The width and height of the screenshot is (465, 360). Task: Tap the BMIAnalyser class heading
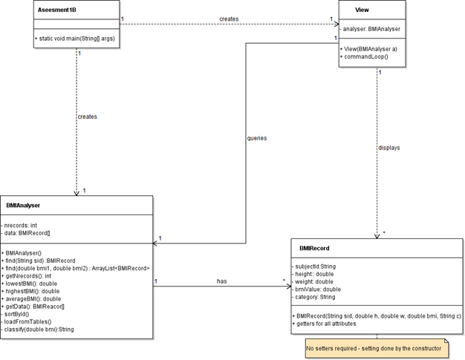click(23, 204)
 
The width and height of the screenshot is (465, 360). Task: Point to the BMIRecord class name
click(314, 248)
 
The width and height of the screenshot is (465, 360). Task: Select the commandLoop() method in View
click(365, 57)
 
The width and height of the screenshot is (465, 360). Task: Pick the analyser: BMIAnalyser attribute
click(371, 29)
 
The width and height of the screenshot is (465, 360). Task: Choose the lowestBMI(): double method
click(33, 283)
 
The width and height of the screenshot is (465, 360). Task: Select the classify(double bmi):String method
click(39, 329)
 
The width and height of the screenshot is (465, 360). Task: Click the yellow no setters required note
click(374, 347)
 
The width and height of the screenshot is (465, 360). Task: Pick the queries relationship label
click(256, 138)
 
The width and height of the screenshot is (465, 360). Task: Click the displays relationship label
click(388, 148)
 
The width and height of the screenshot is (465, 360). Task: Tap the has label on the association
click(221, 281)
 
